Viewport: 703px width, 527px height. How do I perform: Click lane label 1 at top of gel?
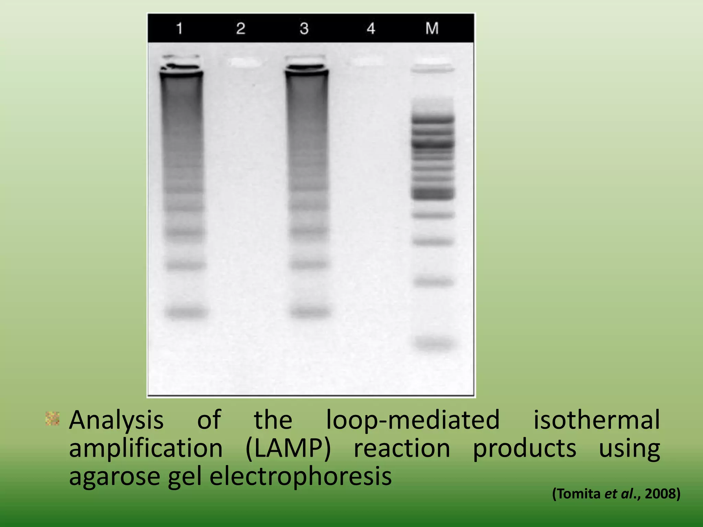[x=179, y=28]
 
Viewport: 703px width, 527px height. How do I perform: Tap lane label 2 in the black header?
[x=241, y=28]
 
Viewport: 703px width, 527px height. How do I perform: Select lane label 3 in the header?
[x=304, y=28]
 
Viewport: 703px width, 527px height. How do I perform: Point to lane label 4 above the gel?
[x=371, y=28]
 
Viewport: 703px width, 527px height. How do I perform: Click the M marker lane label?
[x=432, y=28]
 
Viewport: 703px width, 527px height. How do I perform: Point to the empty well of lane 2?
[x=244, y=62]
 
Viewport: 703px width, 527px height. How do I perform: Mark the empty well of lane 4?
[x=367, y=62]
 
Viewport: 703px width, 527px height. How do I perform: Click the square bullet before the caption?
[x=53, y=419]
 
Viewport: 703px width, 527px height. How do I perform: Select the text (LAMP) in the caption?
[x=288, y=448]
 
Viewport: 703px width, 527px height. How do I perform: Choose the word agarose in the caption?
[x=114, y=477]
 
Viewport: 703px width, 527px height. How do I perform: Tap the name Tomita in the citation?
[x=578, y=494]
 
